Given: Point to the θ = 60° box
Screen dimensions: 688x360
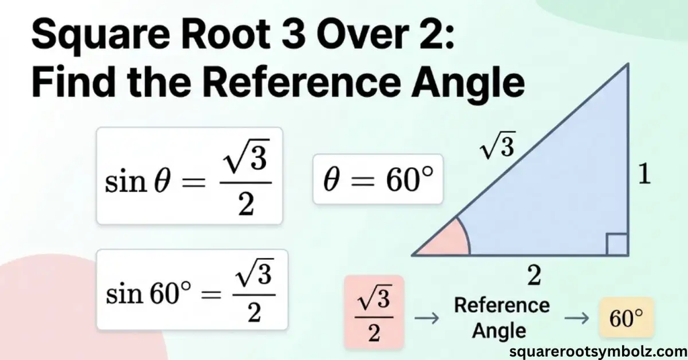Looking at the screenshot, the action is [x=378, y=179].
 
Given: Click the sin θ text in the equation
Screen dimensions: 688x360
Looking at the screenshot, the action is [x=137, y=181].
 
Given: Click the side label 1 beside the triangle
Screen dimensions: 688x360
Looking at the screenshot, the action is [x=644, y=175].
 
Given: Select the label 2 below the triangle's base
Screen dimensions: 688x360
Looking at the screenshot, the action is [x=534, y=276].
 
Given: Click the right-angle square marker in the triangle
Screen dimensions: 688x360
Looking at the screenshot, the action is [x=617, y=244].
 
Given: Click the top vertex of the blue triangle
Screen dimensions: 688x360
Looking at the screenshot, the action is [x=628, y=64].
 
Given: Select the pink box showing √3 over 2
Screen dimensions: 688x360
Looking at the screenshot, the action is [x=374, y=312].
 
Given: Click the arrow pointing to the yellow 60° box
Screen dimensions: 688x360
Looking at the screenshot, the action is [x=576, y=318].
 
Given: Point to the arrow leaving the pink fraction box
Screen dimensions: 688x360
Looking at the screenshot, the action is [x=427, y=318].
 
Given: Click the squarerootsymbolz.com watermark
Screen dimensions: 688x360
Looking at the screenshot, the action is [x=599, y=351].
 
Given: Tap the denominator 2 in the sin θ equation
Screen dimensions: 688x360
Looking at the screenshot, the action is [x=246, y=204].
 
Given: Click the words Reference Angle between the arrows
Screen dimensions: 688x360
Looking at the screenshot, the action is [x=501, y=318].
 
